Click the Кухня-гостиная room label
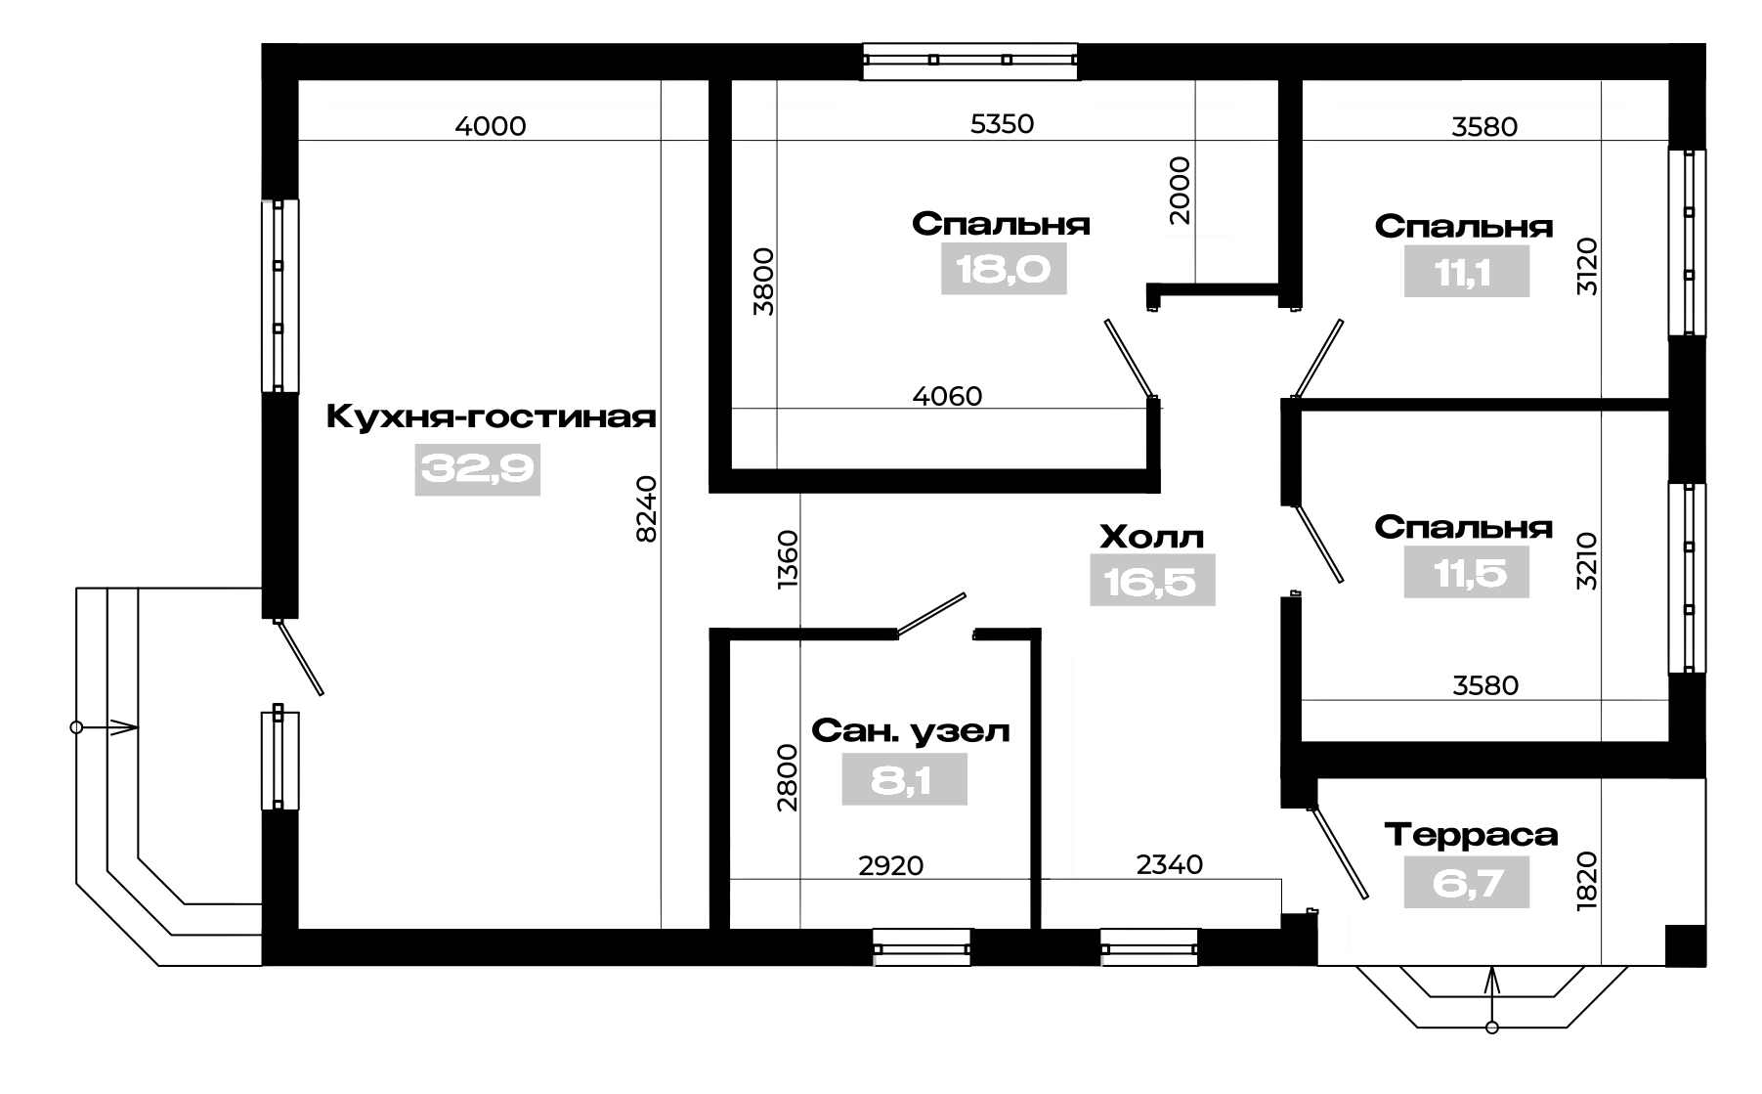491,417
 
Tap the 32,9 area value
478,470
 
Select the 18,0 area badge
1004,269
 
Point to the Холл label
1152,537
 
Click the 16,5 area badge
1152,581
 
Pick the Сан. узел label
911,731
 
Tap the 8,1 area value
904,780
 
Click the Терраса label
1471,836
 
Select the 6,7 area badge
1466,884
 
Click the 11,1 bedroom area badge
1466,271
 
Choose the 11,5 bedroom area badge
1466,573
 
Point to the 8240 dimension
646,507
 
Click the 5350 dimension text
1002,123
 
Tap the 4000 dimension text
491,126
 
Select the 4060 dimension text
947,396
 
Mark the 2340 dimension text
1169,864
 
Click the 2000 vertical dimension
1181,191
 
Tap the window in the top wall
970,60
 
